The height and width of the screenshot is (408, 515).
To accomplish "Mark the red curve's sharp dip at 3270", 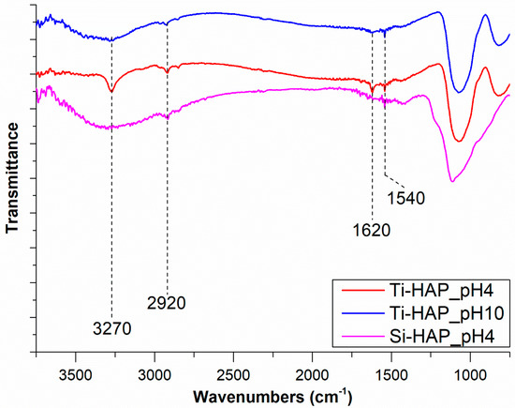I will pyautogui.click(x=111, y=91).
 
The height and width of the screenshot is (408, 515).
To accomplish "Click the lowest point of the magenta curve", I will pyautogui.click(x=451, y=181).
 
